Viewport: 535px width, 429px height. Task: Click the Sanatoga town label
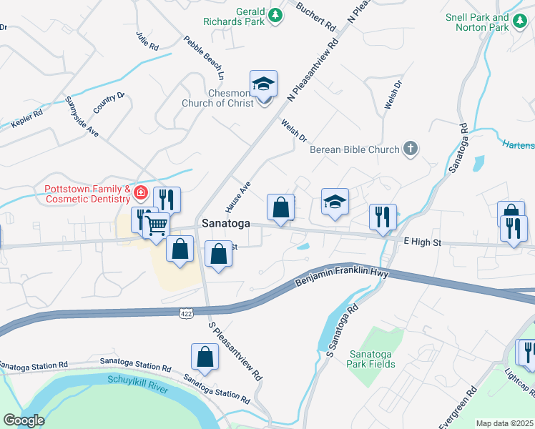point(226,223)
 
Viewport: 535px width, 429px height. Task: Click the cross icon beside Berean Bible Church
point(410,149)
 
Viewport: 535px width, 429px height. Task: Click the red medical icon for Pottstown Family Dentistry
point(141,192)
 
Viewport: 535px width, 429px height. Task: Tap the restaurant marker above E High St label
point(383,217)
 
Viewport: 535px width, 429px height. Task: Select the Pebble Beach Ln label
point(204,57)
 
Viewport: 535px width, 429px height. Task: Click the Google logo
point(24,420)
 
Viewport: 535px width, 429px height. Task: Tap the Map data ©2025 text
point(504,423)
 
